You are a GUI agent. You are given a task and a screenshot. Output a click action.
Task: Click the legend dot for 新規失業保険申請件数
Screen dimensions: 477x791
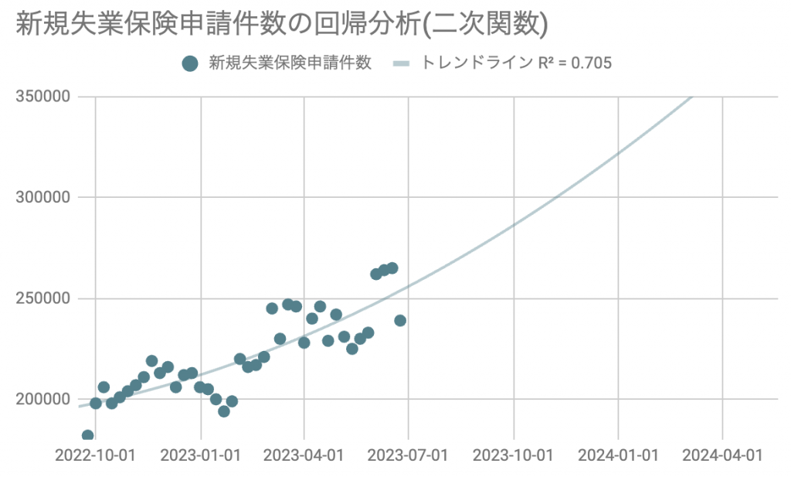(x=190, y=64)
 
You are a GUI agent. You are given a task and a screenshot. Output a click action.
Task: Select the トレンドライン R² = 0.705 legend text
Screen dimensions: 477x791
(x=516, y=64)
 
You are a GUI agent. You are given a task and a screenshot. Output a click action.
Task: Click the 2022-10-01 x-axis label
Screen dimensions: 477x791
(x=96, y=455)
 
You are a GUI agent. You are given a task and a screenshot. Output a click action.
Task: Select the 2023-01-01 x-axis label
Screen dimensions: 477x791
(x=200, y=455)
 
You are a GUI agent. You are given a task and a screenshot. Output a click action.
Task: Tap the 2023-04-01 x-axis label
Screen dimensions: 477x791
(x=304, y=455)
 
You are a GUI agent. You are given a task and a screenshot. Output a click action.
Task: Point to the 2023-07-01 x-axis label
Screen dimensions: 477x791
(x=409, y=455)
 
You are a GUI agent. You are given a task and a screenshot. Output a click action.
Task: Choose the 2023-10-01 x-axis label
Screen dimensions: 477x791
(x=514, y=455)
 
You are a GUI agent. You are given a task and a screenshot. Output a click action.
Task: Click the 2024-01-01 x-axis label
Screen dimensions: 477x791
(x=618, y=455)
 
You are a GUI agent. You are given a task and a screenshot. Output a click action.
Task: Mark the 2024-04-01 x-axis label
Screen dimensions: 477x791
(x=722, y=455)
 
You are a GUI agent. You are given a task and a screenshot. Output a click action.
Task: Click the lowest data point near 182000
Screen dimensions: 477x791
(x=87, y=436)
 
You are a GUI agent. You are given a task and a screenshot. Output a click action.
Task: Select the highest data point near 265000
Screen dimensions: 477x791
(x=392, y=267)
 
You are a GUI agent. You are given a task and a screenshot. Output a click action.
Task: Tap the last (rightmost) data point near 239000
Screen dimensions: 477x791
(x=400, y=320)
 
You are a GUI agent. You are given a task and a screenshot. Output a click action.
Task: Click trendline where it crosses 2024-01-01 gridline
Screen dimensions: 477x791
(x=618, y=154)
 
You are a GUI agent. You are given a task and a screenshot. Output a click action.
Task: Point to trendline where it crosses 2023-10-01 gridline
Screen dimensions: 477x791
(x=514, y=225)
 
